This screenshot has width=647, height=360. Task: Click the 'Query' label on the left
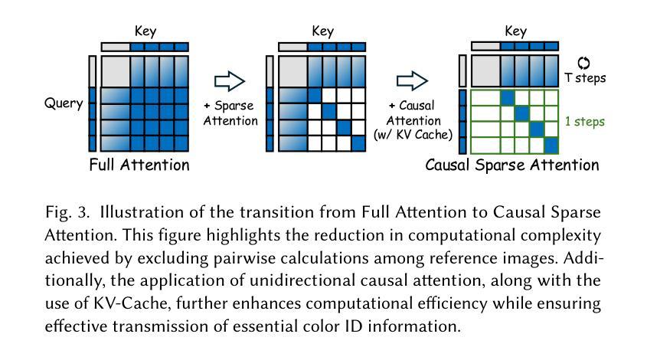coord(64,103)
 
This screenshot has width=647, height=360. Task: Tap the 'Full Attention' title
coord(139,165)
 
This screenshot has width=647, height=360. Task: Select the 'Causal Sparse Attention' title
coord(512,165)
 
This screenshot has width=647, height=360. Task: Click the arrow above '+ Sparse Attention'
coord(230,81)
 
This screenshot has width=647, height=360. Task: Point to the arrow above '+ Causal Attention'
coord(412,81)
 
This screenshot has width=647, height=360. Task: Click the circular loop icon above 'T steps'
coord(583,63)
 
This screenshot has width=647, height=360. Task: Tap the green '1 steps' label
coord(585,121)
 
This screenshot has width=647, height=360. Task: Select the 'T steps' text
coord(585,78)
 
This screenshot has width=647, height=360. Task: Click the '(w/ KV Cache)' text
coord(413,135)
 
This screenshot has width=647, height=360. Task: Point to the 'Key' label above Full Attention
coord(145,31)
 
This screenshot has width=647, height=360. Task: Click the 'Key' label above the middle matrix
coord(322,31)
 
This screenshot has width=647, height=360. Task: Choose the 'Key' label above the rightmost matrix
coord(515,31)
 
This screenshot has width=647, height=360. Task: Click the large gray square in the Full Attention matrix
coord(116,71)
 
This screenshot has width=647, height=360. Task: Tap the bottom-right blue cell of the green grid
coord(551,146)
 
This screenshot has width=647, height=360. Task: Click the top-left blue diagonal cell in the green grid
coord(508,98)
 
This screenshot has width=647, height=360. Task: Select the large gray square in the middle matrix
coord(293,71)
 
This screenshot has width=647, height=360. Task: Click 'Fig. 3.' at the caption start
coord(67,212)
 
